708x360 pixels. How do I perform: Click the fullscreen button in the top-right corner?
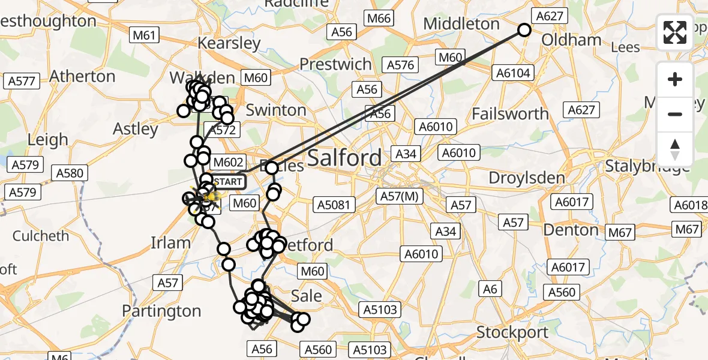click(x=675, y=32)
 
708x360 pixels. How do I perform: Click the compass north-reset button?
click(x=675, y=149)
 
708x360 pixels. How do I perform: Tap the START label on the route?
click(x=228, y=182)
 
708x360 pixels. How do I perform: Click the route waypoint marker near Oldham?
click(x=524, y=30)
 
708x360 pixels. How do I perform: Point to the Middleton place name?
click(x=461, y=24)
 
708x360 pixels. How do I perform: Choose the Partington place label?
click(x=161, y=311)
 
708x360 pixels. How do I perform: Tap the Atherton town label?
click(x=82, y=76)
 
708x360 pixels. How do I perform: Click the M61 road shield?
click(x=145, y=35)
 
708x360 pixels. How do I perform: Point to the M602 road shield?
click(x=228, y=162)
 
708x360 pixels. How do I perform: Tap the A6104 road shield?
click(x=512, y=73)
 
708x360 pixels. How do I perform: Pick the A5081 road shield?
click(x=331, y=205)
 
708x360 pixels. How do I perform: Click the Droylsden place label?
click(x=527, y=178)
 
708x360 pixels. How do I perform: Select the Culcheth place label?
click(x=41, y=236)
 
